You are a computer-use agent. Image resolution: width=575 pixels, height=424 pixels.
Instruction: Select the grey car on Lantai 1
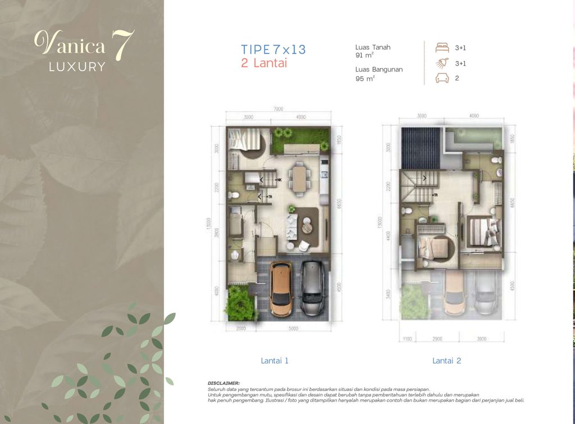311,288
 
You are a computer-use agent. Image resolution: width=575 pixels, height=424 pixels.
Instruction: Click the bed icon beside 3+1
442,48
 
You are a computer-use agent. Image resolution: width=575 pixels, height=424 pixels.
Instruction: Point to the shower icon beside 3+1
442,63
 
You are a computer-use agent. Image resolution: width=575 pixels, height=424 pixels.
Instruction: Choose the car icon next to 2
442,79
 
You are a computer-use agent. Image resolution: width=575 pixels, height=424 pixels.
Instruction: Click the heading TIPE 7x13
273,49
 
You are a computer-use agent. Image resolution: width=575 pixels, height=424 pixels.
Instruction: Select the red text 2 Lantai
264,63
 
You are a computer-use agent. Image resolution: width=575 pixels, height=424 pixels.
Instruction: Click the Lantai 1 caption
275,361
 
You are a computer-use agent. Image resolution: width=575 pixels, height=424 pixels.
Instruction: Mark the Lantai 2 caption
446,361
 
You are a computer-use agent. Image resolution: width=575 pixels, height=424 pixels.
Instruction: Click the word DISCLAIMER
223,382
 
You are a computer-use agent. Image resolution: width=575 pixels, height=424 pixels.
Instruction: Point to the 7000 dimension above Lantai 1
279,110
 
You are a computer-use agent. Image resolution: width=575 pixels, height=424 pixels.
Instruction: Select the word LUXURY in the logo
77,67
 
